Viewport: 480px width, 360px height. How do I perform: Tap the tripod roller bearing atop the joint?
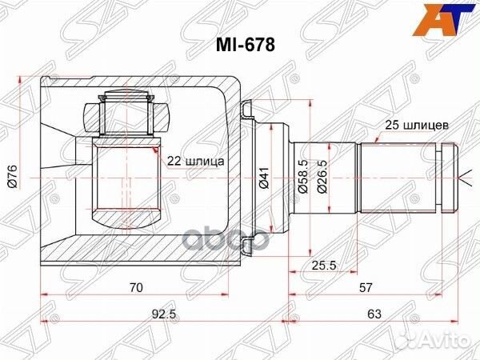pyautogui.click(x=126, y=114)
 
